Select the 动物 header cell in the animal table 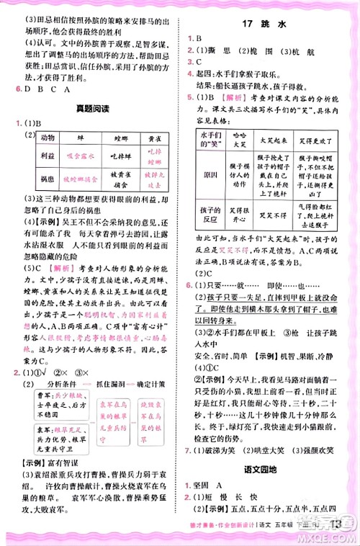pos(49,137)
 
